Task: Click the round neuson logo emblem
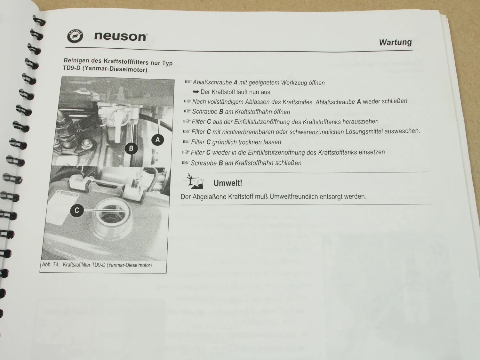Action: pyautogui.click(x=75, y=36)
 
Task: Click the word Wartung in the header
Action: pyautogui.click(x=396, y=42)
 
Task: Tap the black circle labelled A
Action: pyautogui.click(x=158, y=140)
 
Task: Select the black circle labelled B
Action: pyautogui.click(x=131, y=148)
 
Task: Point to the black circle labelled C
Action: pyautogui.click(x=77, y=210)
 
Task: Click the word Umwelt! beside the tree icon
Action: pyautogui.click(x=228, y=183)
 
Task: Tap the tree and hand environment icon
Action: pyautogui.click(x=193, y=181)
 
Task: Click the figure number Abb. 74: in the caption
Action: pyautogui.click(x=51, y=265)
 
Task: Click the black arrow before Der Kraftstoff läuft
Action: pyautogui.click(x=196, y=92)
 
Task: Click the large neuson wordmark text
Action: pyautogui.click(x=121, y=36)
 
